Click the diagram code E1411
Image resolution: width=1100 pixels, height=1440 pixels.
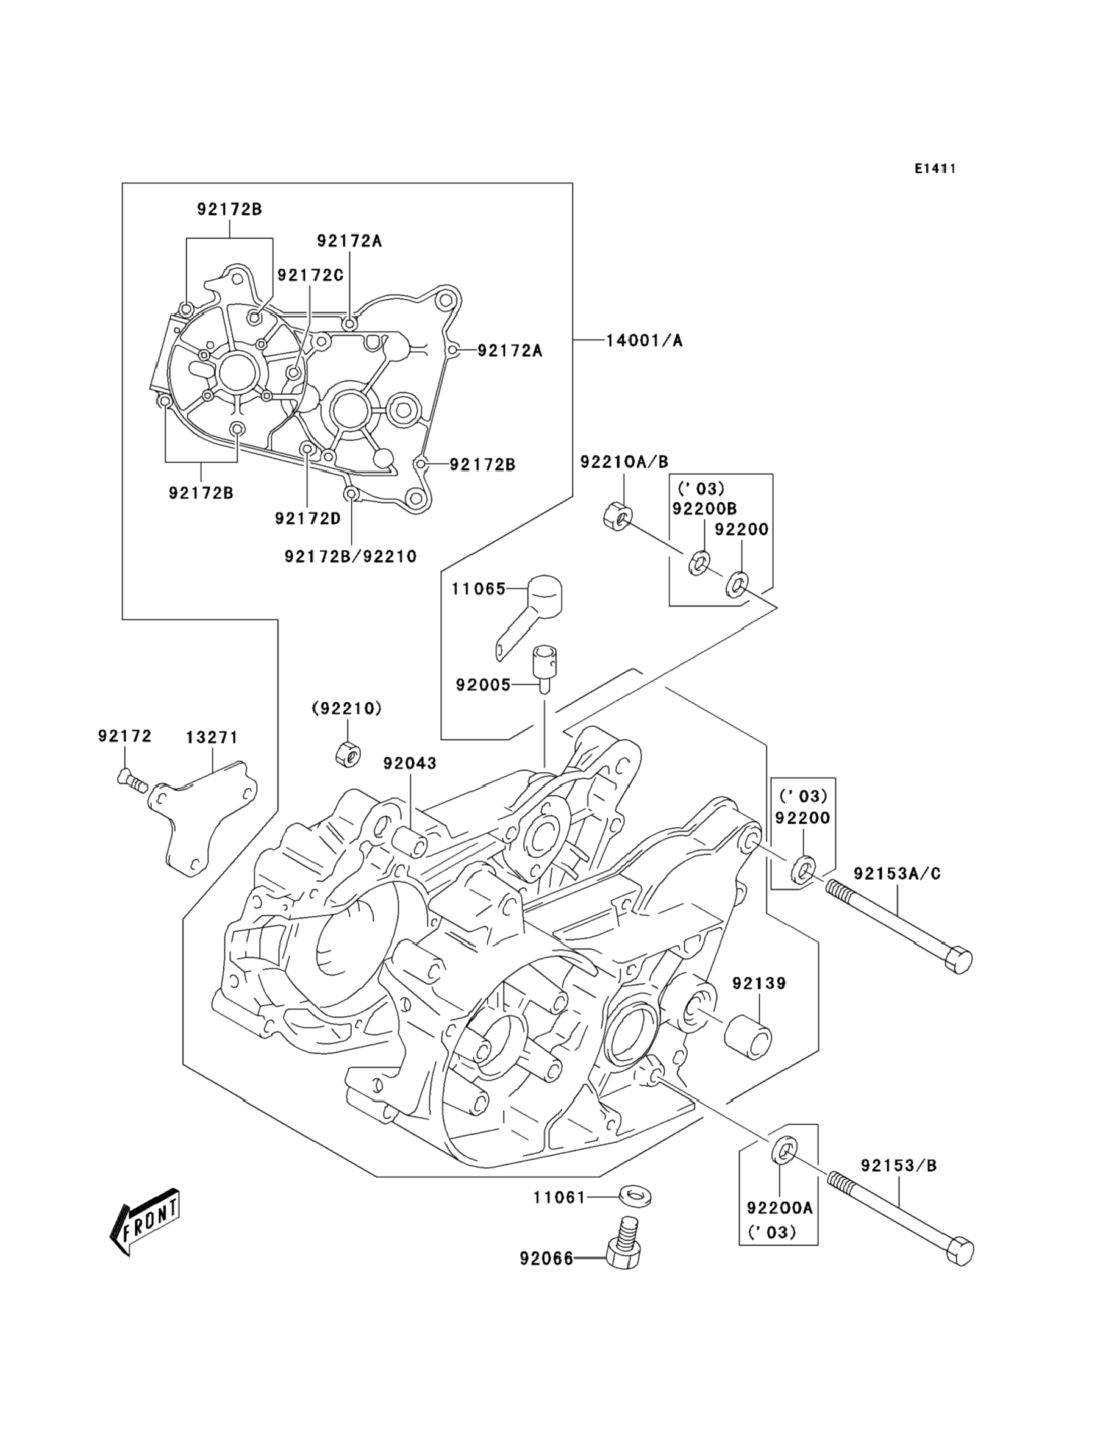935,169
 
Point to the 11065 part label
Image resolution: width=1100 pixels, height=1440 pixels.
478,589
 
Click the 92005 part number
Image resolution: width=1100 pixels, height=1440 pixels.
482,685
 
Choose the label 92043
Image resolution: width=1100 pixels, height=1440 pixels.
410,763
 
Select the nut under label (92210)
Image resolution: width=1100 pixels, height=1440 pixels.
346,754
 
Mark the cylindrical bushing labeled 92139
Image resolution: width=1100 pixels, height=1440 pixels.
747,1038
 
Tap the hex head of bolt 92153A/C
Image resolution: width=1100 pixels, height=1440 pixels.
959,960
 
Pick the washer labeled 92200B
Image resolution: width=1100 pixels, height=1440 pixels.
699,562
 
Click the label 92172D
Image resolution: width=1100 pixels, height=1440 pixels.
308,518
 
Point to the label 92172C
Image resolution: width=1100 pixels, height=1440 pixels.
310,275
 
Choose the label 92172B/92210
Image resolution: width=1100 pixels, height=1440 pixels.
350,557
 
